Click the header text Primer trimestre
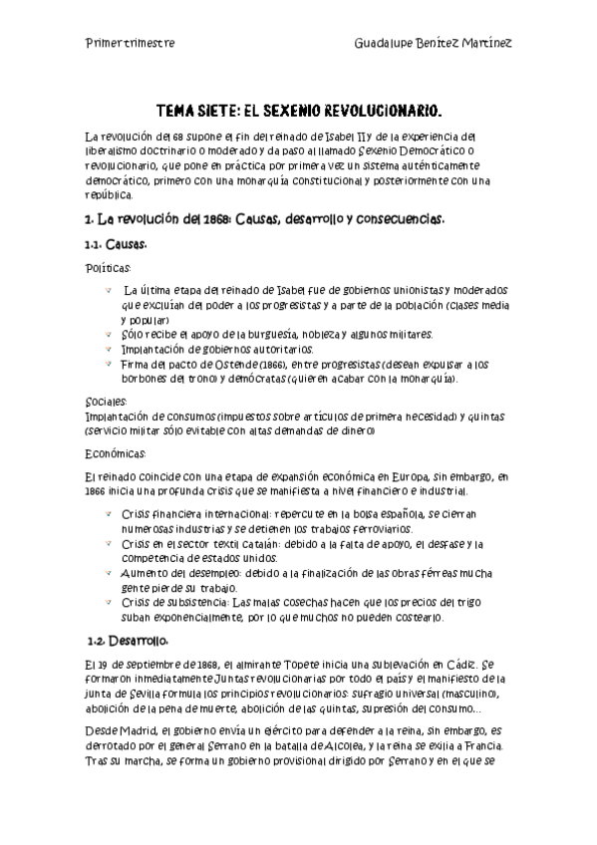point(130,44)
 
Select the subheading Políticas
point(108,267)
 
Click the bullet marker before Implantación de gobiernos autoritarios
point(107,350)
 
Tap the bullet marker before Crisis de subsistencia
point(107,603)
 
